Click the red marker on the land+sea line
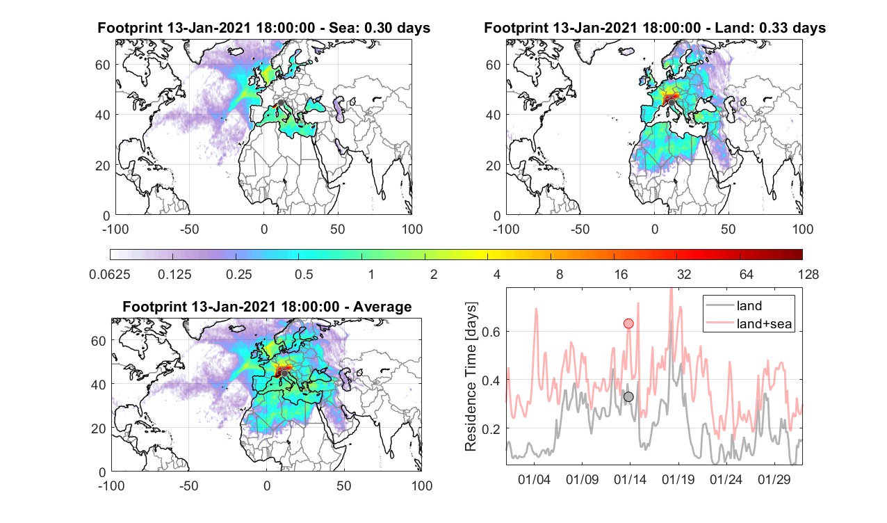click(628, 323)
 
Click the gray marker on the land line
click(628, 396)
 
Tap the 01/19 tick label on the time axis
click(678, 479)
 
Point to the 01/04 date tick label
click(534, 479)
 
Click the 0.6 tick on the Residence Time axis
click(491, 332)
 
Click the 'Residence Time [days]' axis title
click(471, 377)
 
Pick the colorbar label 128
click(808, 274)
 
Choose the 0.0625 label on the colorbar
click(110, 274)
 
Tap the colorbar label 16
click(621, 274)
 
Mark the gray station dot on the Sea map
click(281, 103)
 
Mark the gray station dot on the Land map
click(672, 103)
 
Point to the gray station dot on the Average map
click(284, 373)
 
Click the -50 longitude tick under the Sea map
click(190, 229)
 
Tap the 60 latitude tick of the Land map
click(493, 65)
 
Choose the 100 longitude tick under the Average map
click(422, 485)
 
